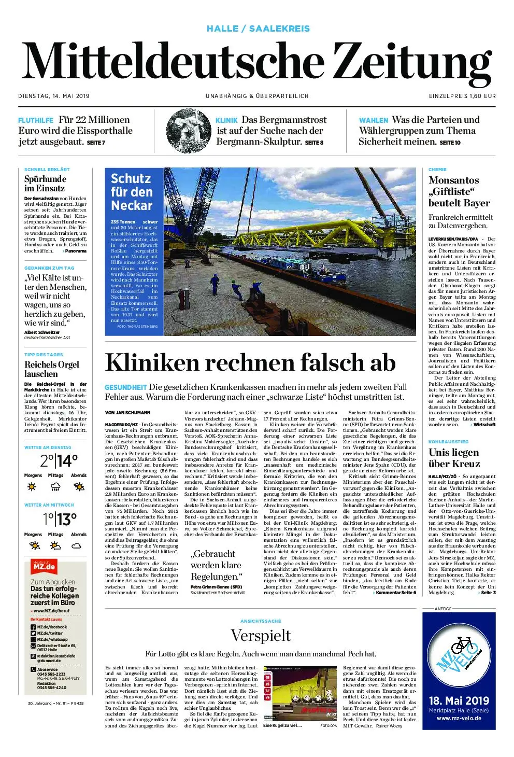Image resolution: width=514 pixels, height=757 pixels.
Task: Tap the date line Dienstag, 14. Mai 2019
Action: point(54,96)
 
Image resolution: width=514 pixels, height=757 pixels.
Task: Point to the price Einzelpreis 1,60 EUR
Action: point(462,96)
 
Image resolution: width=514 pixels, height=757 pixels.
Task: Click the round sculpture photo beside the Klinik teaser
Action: point(188,131)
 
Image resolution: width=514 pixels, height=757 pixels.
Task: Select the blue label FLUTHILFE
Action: point(36,120)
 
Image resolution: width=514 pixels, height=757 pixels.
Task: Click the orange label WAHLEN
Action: point(373,120)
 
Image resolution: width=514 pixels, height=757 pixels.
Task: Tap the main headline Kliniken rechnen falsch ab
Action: point(250,362)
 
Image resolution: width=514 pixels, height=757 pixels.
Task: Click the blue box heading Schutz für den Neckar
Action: point(132,192)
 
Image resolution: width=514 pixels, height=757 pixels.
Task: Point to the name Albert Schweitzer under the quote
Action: point(42,332)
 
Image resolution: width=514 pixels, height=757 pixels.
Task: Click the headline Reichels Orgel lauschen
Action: point(52,369)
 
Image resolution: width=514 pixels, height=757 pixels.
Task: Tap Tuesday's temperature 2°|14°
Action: point(59,460)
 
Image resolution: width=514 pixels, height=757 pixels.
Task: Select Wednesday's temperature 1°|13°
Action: point(59,518)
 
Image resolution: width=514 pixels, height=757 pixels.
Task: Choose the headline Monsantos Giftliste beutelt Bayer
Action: point(459,191)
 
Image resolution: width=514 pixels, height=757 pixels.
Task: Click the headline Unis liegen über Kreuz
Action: point(454,458)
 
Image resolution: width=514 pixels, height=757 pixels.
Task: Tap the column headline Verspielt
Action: point(261,636)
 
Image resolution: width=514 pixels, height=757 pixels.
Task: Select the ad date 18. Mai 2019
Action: point(459,701)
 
